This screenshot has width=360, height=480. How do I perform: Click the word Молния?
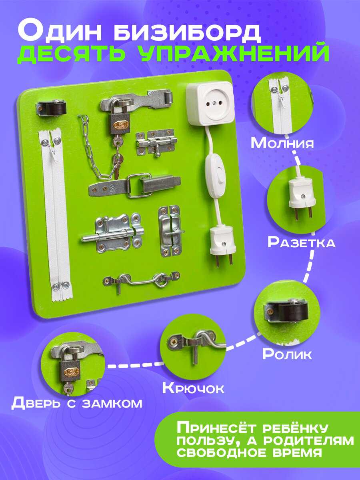click(x=282, y=143)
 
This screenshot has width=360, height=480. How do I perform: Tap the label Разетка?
click(x=302, y=242)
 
